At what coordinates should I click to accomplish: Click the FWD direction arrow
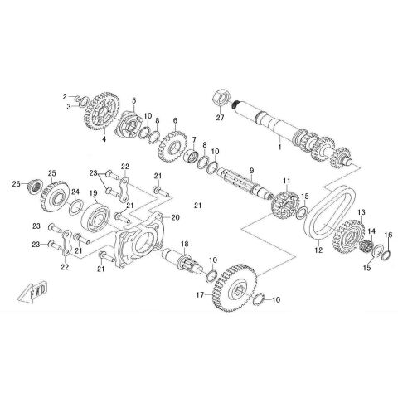[x=32, y=292]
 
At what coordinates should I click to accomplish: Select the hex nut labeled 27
[x=221, y=99]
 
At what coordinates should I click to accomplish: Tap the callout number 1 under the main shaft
[x=279, y=147]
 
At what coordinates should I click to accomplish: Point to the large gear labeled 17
[x=235, y=288]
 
